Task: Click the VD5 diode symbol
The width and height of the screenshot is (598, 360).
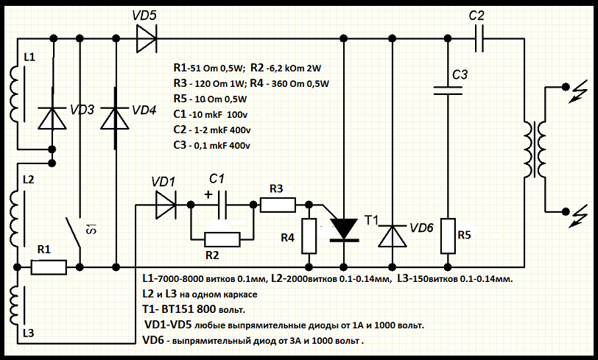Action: pos(146,39)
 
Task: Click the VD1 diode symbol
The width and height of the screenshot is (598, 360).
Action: pos(165,205)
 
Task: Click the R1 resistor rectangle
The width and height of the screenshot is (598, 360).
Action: pos(49,267)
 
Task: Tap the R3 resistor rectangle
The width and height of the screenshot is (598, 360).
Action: pos(278,204)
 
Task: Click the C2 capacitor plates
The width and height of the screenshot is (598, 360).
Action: pos(479,39)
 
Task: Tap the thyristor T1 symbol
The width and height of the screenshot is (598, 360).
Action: pos(344,229)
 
